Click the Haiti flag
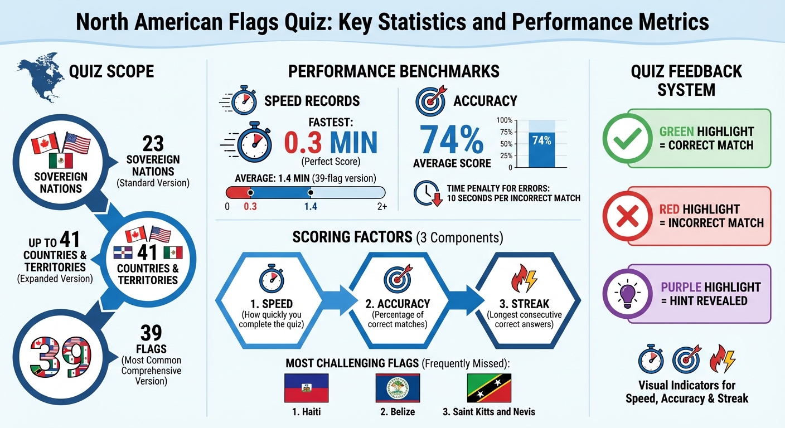tap(306, 388)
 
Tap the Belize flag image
tap(398, 388)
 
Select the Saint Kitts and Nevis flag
tap(489, 388)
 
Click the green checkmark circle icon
tap(627, 139)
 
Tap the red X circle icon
tap(627, 216)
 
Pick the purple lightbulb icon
tap(627, 294)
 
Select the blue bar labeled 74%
tap(541, 149)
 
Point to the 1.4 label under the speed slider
tap(311, 206)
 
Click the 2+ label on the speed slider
tap(381, 206)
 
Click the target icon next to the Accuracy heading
tap(430, 101)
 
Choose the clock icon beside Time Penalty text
tap(427, 193)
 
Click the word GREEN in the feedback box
tap(677, 132)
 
